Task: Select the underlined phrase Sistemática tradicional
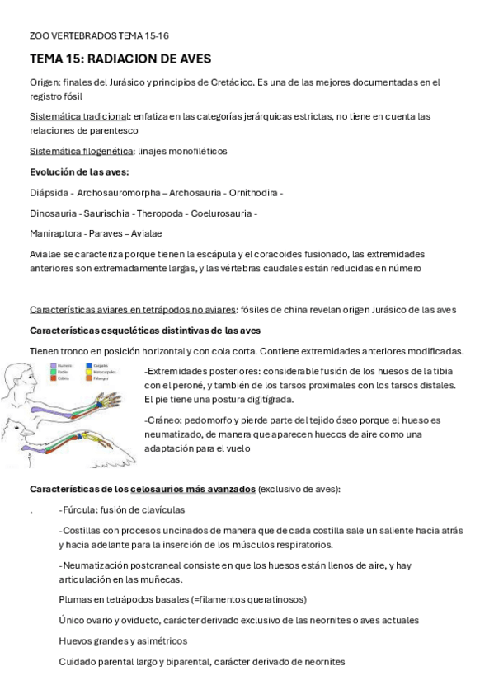pyautogui.click(x=79, y=116)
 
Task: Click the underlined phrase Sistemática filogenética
pyautogui.click(x=82, y=151)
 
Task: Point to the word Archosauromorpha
pyautogui.click(x=120, y=193)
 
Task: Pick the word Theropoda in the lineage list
pyautogui.click(x=161, y=213)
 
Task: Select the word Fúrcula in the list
pyautogui.click(x=78, y=509)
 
